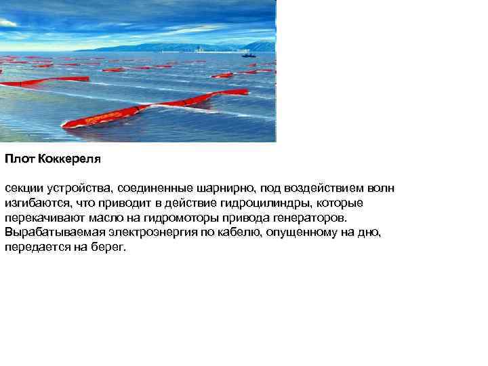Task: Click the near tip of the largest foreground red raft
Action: pyautogui.click(x=66, y=125)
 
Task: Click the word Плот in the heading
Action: pyautogui.click(x=17, y=160)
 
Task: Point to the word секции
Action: pyautogui.click(x=22, y=188)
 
